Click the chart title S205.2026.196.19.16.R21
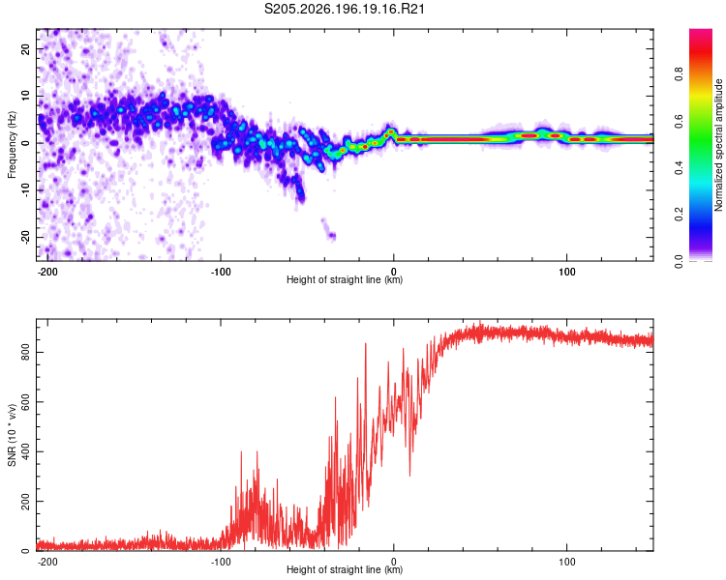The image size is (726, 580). coord(344,9)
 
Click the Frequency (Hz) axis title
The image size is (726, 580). coord(12,145)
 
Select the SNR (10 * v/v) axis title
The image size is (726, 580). coord(12,435)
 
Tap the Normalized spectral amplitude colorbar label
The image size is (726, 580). coord(718,145)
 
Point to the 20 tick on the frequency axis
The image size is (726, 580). coord(25,48)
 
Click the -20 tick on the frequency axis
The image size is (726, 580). coord(25,237)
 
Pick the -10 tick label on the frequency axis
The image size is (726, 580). coord(25,190)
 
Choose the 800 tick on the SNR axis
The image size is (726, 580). coord(25,353)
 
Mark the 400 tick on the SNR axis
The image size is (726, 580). coord(25,451)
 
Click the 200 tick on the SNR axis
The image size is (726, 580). coord(25,502)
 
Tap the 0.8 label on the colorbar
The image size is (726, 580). coord(679,74)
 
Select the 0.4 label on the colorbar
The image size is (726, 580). coord(679,168)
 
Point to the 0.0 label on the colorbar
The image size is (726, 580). coord(679,262)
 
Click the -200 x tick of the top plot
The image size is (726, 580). coord(47,272)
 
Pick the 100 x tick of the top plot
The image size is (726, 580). coord(566,272)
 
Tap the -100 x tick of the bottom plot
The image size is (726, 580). coord(221,562)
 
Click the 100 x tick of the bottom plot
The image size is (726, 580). coord(566,562)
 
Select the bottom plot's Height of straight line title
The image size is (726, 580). coord(345,569)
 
